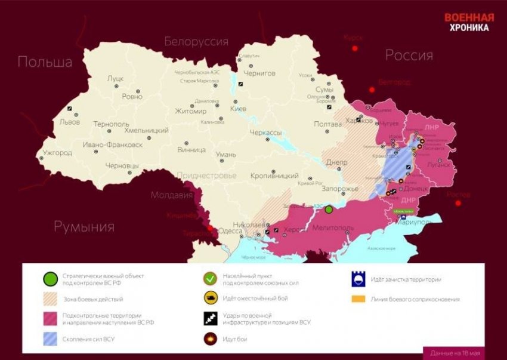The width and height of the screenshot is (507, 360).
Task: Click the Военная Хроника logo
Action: click(469, 22)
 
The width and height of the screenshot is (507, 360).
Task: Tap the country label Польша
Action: click(45, 62)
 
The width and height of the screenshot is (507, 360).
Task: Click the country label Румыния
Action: click(84, 226)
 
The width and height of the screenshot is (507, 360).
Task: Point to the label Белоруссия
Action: click(196, 41)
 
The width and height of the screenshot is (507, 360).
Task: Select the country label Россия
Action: click(409, 56)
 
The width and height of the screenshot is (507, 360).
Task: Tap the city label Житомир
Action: click(191, 111)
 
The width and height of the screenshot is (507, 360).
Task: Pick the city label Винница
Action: click(191, 149)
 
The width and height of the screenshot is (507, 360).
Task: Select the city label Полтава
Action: click(327, 124)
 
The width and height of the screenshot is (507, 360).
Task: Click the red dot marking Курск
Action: click(355, 48)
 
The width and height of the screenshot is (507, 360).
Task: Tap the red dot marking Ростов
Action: click(458, 204)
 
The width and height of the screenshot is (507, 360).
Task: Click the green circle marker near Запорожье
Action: click(328, 210)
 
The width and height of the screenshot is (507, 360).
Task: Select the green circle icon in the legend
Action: click(51, 279)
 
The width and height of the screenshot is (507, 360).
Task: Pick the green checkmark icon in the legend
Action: click(210, 279)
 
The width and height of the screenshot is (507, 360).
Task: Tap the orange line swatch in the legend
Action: click(358, 299)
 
